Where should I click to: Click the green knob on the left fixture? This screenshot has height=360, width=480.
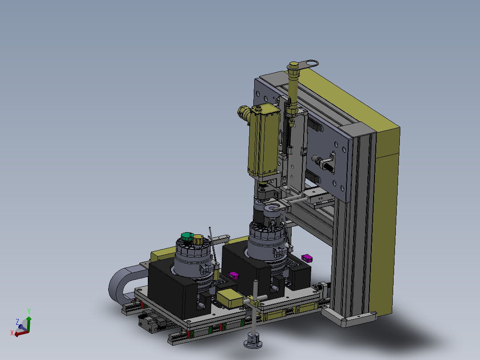click(x=187, y=237)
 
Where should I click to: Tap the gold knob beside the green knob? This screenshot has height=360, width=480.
click(x=198, y=240)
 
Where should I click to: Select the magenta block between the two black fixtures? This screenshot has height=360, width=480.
click(x=234, y=275)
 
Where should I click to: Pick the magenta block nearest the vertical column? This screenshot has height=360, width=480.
click(x=307, y=258)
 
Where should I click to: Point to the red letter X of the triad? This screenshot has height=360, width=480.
click(x=12, y=333)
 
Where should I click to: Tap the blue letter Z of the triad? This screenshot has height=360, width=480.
click(x=17, y=322)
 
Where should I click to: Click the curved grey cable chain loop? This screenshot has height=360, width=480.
click(x=122, y=283)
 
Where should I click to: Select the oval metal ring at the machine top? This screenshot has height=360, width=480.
click(x=309, y=64)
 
